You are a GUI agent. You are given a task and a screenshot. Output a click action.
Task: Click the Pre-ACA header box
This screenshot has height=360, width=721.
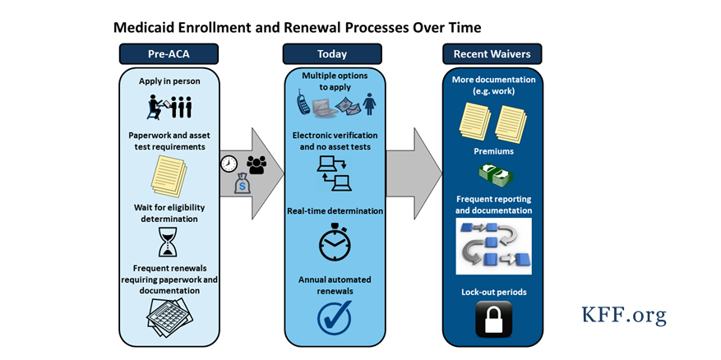169,54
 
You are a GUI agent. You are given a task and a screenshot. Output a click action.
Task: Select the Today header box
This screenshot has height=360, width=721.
332,54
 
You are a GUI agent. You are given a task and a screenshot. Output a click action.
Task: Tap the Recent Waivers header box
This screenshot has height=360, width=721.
492,54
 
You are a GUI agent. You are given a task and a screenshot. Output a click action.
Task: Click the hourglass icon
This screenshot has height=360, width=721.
169,242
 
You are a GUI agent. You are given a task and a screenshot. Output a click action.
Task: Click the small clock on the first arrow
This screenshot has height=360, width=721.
229,164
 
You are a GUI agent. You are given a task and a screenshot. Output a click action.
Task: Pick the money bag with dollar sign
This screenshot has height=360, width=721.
243,184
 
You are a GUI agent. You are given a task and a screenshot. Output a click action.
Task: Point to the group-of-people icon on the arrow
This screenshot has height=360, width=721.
257,164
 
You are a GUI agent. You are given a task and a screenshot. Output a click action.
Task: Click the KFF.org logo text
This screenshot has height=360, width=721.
624,315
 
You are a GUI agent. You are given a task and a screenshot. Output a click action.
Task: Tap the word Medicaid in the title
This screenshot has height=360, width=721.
149,27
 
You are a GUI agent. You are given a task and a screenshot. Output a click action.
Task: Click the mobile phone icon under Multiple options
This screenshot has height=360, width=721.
303,104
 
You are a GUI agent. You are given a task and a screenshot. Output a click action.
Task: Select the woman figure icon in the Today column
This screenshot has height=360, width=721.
369,104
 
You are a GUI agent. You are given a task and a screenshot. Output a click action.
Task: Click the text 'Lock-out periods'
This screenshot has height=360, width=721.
493,292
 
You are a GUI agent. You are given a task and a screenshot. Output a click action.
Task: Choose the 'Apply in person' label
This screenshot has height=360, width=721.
169,81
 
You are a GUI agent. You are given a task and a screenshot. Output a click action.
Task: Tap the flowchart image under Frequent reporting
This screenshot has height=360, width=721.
493,246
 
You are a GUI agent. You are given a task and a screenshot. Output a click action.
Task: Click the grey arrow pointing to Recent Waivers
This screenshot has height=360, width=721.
414,173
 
